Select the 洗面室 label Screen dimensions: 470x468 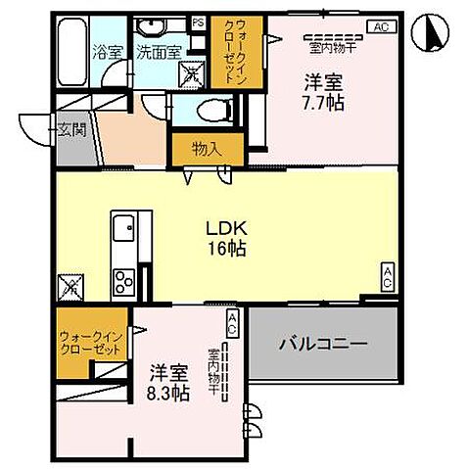tap(157, 53)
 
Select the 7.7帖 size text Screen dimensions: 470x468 tap(321, 102)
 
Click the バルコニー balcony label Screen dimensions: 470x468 tap(323, 344)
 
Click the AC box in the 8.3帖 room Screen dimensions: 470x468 tap(232, 322)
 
